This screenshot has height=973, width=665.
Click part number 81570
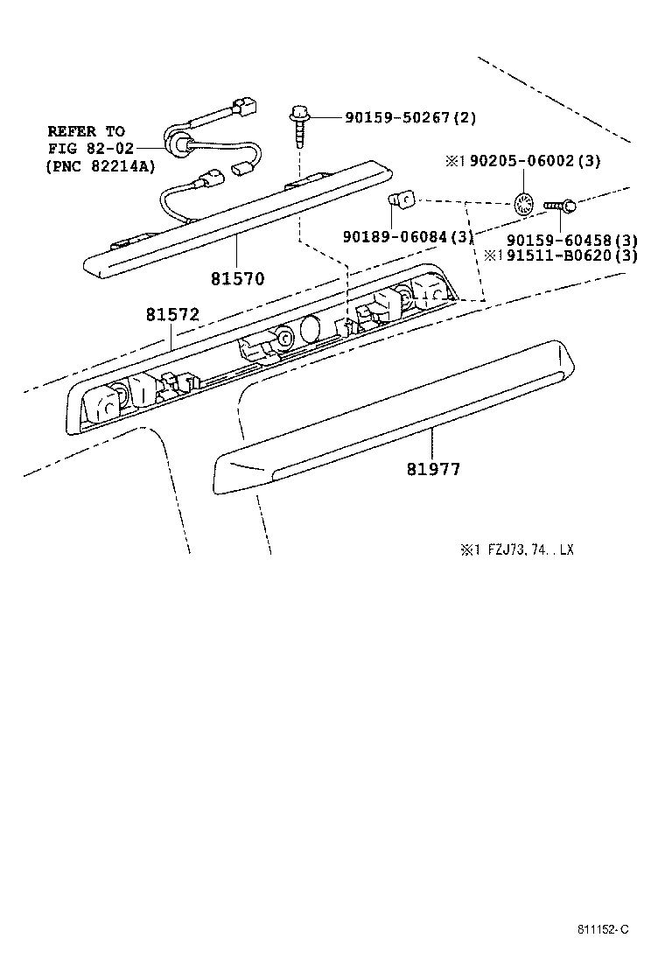pyautogui.click(x=237, y=278)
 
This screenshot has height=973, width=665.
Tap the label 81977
pyautogui.click(x=433, y=469)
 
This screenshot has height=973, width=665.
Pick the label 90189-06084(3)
pyautogui.click(x=409, y=236)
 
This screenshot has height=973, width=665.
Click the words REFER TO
pyautogui.click(x=86, y=131)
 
